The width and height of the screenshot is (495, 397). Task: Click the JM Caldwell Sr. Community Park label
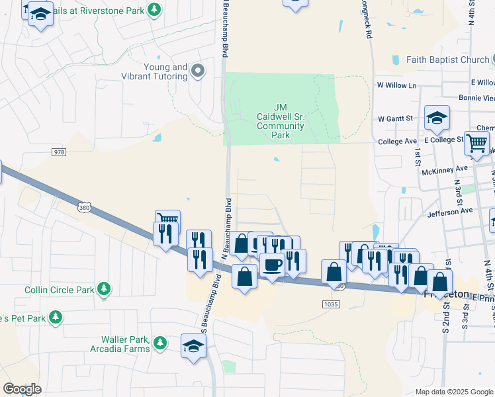click(x=281, y=121)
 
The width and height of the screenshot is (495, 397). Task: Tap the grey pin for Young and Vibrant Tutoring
click(x=197, y=71)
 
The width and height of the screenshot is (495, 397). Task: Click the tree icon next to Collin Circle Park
click(x=103, y=289)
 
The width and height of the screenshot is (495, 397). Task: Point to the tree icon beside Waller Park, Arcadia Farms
click(x=159, y=343)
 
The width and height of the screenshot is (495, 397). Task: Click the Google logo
click(x=22, y=389)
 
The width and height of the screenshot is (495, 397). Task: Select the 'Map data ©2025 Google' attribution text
click(x=454, y=392)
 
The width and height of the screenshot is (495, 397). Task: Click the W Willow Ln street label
click(x=396, y=85)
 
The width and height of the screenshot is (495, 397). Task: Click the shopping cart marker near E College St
click(x=476, y=142)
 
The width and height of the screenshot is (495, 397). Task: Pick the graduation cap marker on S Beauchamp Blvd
click(x=193, y=345)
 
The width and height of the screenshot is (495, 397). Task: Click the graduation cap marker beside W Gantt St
click(x=437, y=118)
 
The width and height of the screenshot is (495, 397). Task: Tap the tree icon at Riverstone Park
click(x=154, y=9)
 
